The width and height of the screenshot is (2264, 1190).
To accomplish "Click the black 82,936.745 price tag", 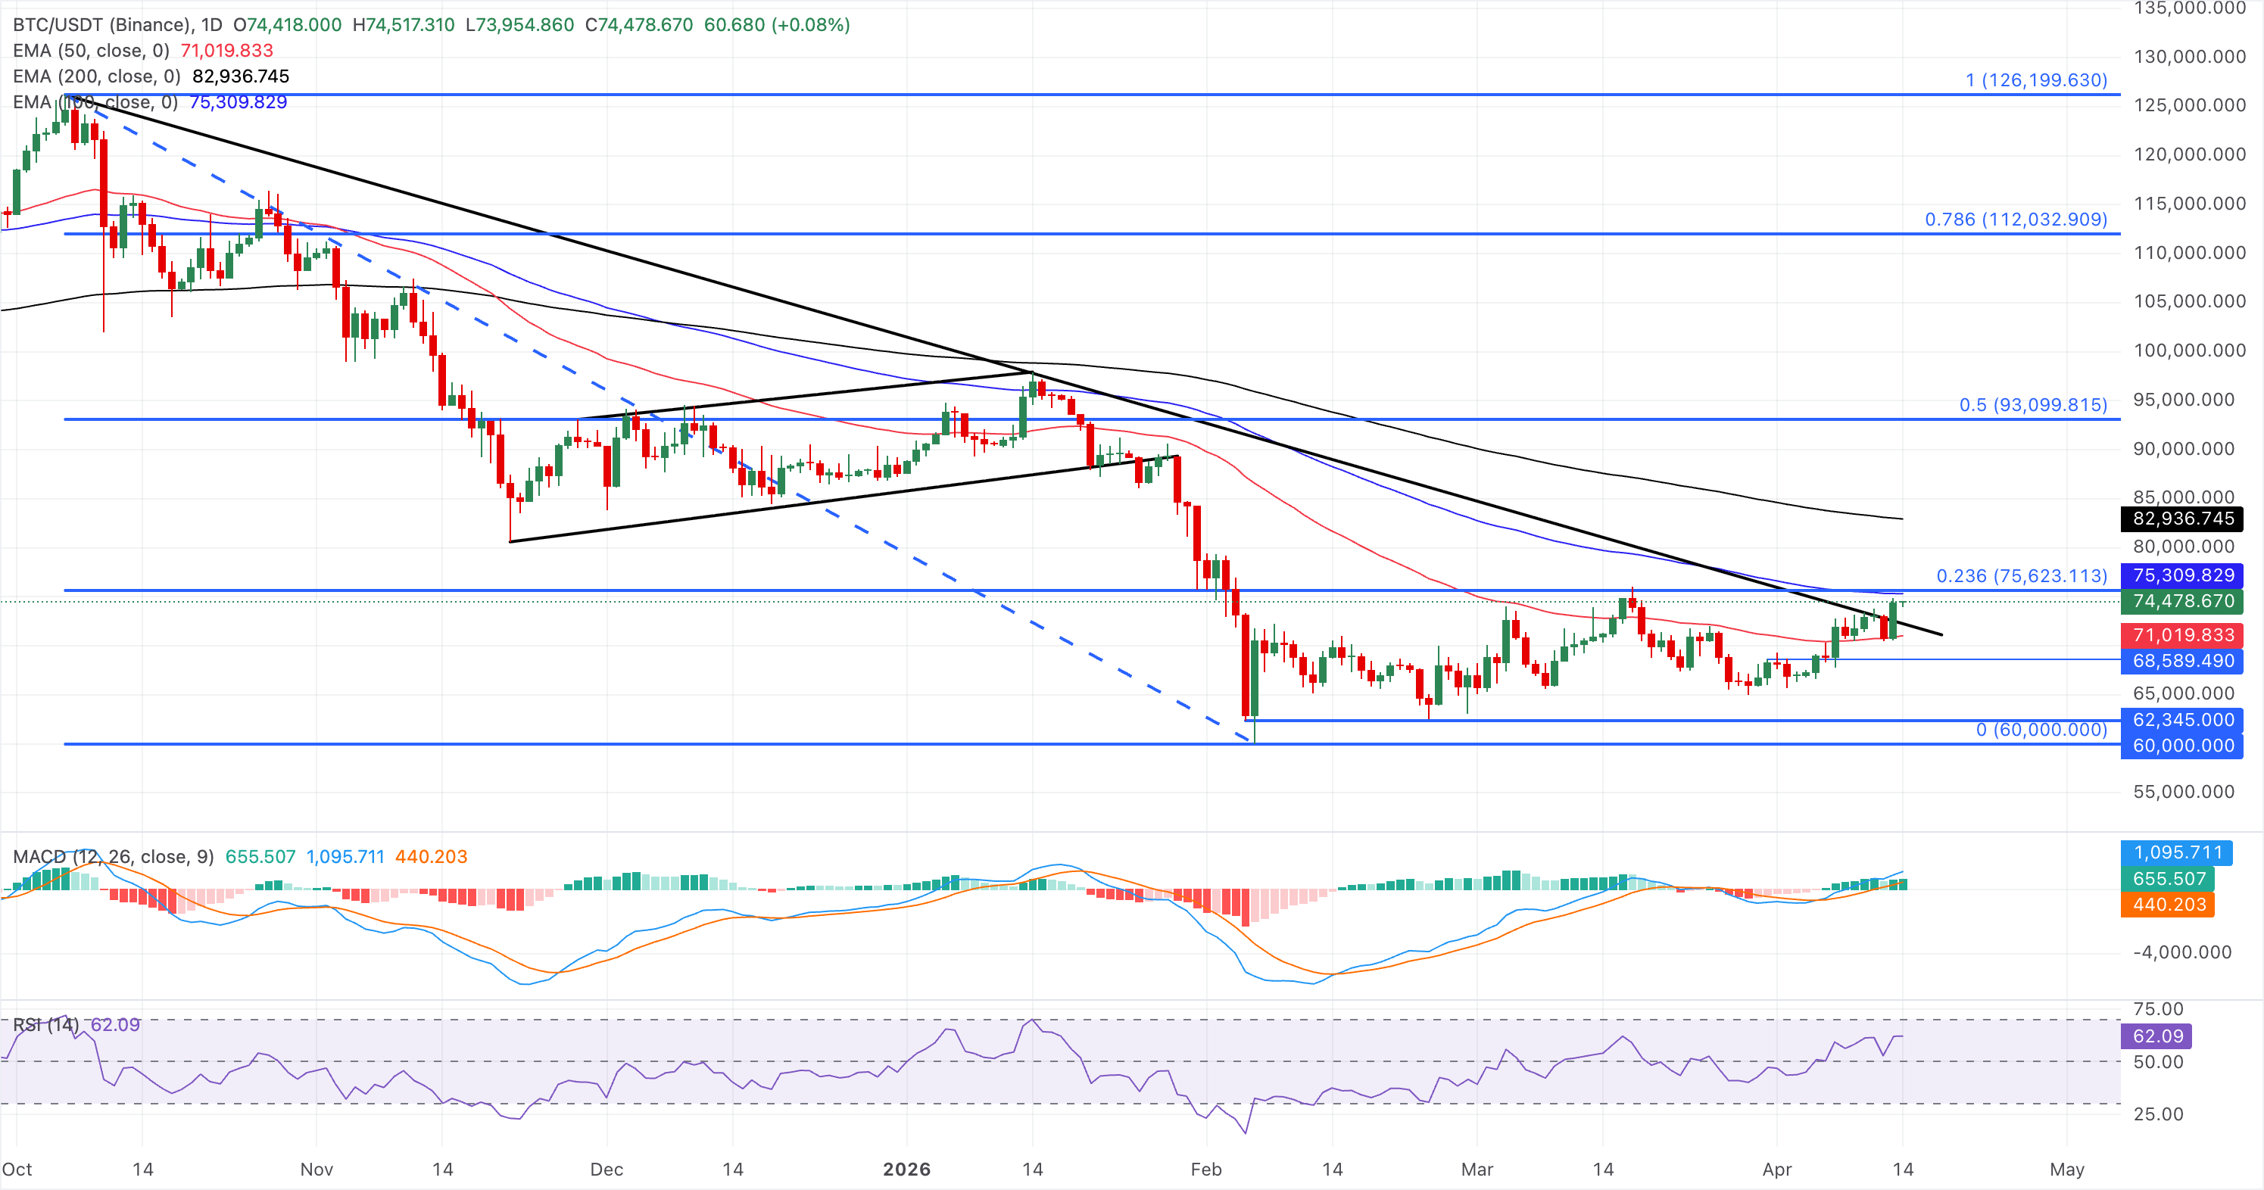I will click(x=2182, y=519).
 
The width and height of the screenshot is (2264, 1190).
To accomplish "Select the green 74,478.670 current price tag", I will click(x=2182, y=601).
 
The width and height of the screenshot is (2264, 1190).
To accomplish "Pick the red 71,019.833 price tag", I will click(x=2182, y=634).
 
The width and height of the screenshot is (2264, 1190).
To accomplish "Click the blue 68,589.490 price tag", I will click(x=2182, y=661).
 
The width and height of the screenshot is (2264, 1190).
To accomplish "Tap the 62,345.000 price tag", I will click(x=2182, y=720).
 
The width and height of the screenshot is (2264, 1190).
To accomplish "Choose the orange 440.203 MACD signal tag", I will click(x=2168, y=905).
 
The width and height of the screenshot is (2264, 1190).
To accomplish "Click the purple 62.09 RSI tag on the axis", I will click(x=2156, y=1036).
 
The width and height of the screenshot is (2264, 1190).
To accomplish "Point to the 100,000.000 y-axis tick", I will click(x=2189, y=350).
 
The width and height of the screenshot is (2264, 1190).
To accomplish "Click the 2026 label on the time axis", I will click(x=906, y=1169).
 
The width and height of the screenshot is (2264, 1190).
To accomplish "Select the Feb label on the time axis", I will click(x=1205, y=1169).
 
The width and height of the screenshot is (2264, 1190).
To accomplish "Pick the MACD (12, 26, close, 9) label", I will click(x=114, y=856).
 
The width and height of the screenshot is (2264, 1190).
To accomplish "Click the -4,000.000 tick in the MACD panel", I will click(x=2182, y=952).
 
